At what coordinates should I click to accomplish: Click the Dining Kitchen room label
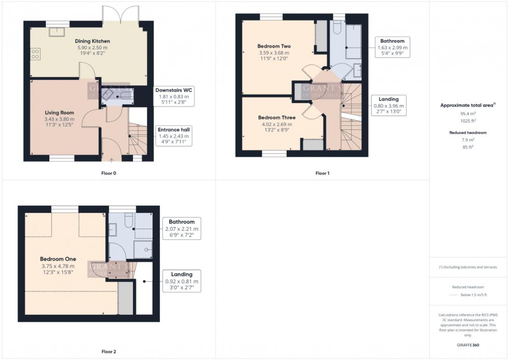pos(92,41)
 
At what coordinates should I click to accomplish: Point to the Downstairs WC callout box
pos(173,96)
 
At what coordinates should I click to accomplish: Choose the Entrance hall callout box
pos(174,135)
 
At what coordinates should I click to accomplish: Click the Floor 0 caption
pos(109,173)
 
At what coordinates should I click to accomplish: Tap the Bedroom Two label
pos(274,46)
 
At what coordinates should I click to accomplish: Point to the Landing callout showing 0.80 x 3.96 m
pos(389,105)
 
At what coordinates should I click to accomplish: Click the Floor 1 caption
pos(322,173)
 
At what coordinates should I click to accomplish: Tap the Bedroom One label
pos(58,259)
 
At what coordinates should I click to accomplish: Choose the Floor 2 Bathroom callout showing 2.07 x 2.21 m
pos(181,228)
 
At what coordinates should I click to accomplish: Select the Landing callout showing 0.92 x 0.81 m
pos(181,281)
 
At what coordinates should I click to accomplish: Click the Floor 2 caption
pos(108,352)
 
